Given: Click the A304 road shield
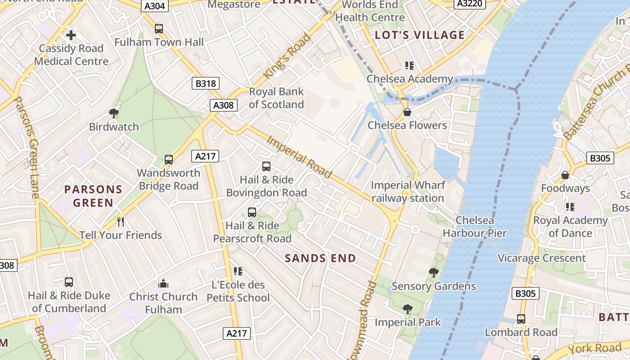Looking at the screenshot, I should [x=155, y=6].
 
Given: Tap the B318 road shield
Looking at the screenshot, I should [x=206, y=83].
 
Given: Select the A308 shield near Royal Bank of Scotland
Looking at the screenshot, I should [x=223, y=105].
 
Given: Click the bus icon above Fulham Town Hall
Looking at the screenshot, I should [x=159, y=29].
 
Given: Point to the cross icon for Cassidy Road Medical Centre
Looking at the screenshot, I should [x=71, y=35].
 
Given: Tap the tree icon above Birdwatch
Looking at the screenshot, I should [x=114, y=113].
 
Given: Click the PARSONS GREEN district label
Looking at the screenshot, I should [x=93, y=196].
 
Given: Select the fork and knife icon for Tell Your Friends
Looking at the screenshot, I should [x=121, y=222].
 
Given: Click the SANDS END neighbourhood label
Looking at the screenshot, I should [x=320, y=258].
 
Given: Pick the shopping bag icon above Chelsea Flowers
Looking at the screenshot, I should [x=407, y=112].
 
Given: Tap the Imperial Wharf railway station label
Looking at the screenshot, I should [x=408, y=192].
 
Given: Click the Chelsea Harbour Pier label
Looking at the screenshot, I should [x=475, y=227].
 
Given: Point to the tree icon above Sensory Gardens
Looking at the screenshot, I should [x=433, y=273].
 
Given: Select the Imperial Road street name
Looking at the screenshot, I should [x=299, y=157].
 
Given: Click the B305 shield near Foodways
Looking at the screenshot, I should [x=600, y=158].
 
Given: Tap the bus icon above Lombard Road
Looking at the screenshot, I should [x=521, y=319].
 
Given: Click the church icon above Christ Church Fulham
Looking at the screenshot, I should [x=163, y=283].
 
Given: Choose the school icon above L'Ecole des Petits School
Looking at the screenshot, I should [x=238, y=271].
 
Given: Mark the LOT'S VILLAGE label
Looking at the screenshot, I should [x=419, y=35].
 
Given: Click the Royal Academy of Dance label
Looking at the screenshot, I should [x=570, y=226].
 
